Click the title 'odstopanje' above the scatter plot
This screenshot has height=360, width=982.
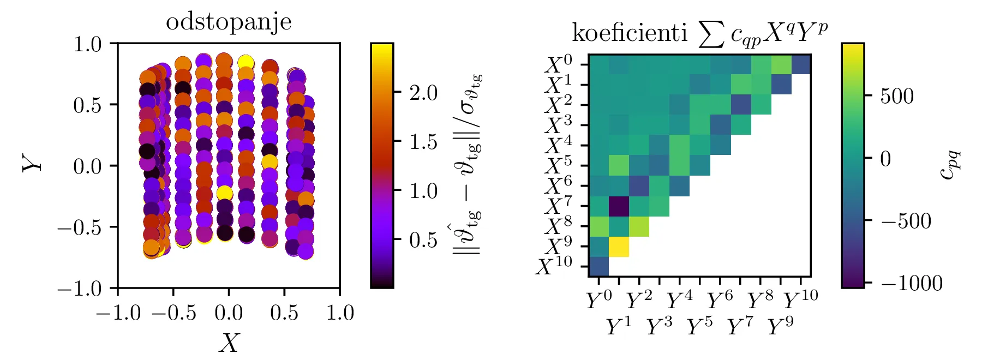point(229,22)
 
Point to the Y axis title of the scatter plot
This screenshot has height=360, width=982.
point(32,163)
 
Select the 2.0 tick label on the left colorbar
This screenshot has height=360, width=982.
point(423,93)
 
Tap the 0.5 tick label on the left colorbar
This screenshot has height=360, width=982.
point(423,240)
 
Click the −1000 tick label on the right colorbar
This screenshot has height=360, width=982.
point(911,283)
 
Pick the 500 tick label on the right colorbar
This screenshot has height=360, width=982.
point(896,96)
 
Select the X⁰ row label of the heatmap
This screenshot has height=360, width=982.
point(558,65)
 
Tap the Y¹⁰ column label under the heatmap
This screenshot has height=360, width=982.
point(801,300)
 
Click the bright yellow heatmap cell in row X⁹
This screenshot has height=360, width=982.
point(619,247)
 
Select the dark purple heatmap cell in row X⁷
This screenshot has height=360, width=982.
point(619,206)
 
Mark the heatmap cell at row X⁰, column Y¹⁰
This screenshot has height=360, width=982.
point(801,64)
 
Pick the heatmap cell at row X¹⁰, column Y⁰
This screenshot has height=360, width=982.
point(598,266)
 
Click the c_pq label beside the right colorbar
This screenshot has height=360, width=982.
point(950,165)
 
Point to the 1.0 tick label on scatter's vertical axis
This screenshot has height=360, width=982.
point(87,44)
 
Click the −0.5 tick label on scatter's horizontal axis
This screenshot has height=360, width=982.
point(173,313)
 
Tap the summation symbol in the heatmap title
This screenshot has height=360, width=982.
point(712,34)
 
